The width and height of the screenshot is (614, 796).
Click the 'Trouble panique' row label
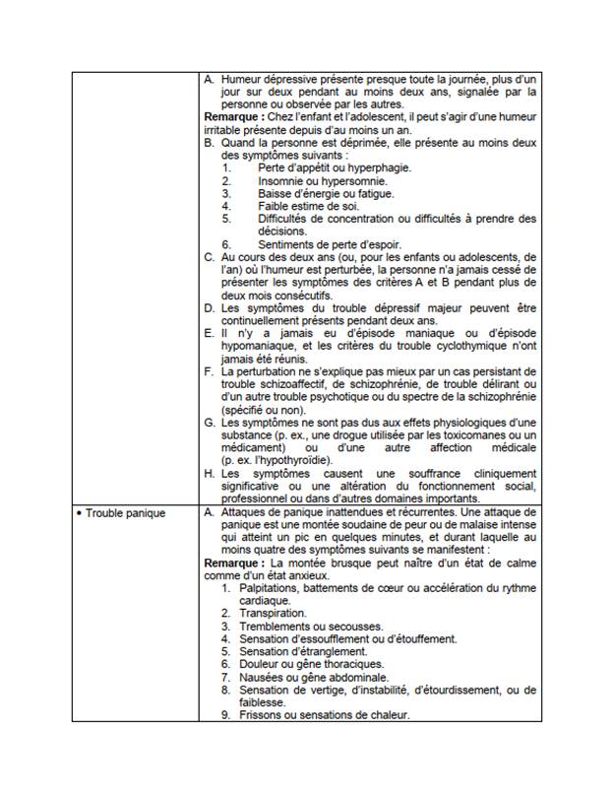[125, 513]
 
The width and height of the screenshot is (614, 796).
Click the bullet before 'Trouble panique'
[78, 513]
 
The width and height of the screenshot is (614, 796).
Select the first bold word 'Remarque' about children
[232, 116]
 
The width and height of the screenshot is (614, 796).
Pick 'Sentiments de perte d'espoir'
[333, 244]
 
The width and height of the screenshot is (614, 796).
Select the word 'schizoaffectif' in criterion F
[278, 385]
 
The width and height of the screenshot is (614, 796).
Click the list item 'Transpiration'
[273, 613]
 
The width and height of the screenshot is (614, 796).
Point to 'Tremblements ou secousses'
[304, 626]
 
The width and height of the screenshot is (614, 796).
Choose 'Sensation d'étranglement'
[303, 651]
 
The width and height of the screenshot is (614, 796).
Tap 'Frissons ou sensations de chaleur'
[324, 715]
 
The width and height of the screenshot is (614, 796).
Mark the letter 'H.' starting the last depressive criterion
[210, 474]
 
